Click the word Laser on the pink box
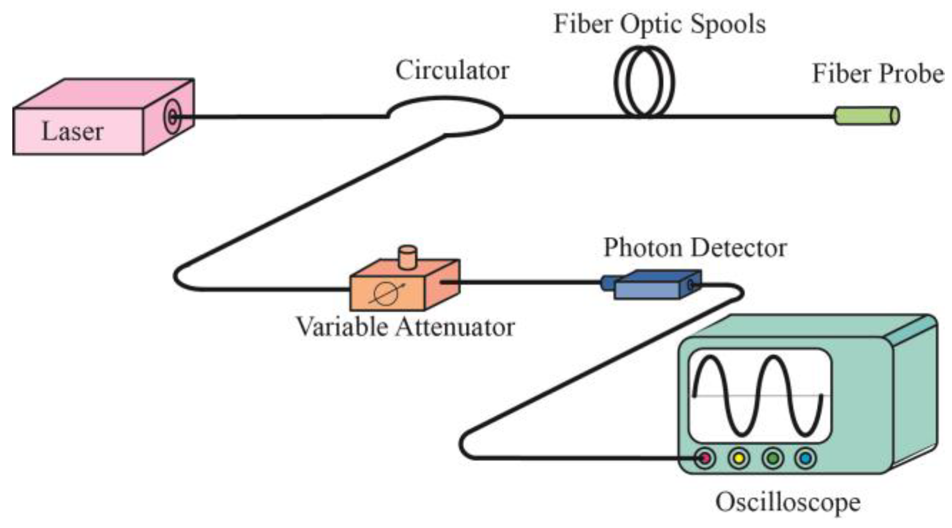[x=72, y=131]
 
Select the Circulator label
[x=452, y=70]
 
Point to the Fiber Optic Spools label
[x=659, y=24]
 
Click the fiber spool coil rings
[x=644, y=81]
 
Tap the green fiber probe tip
[x=866, y=116]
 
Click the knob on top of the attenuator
[x=408, y=257]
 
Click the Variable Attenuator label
[x=405, y=327]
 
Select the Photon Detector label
[x=695, y=248]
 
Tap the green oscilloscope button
[x=772, y=458]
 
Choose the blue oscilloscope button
[x=806, y=458]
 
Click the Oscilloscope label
[x=788, y=502]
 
